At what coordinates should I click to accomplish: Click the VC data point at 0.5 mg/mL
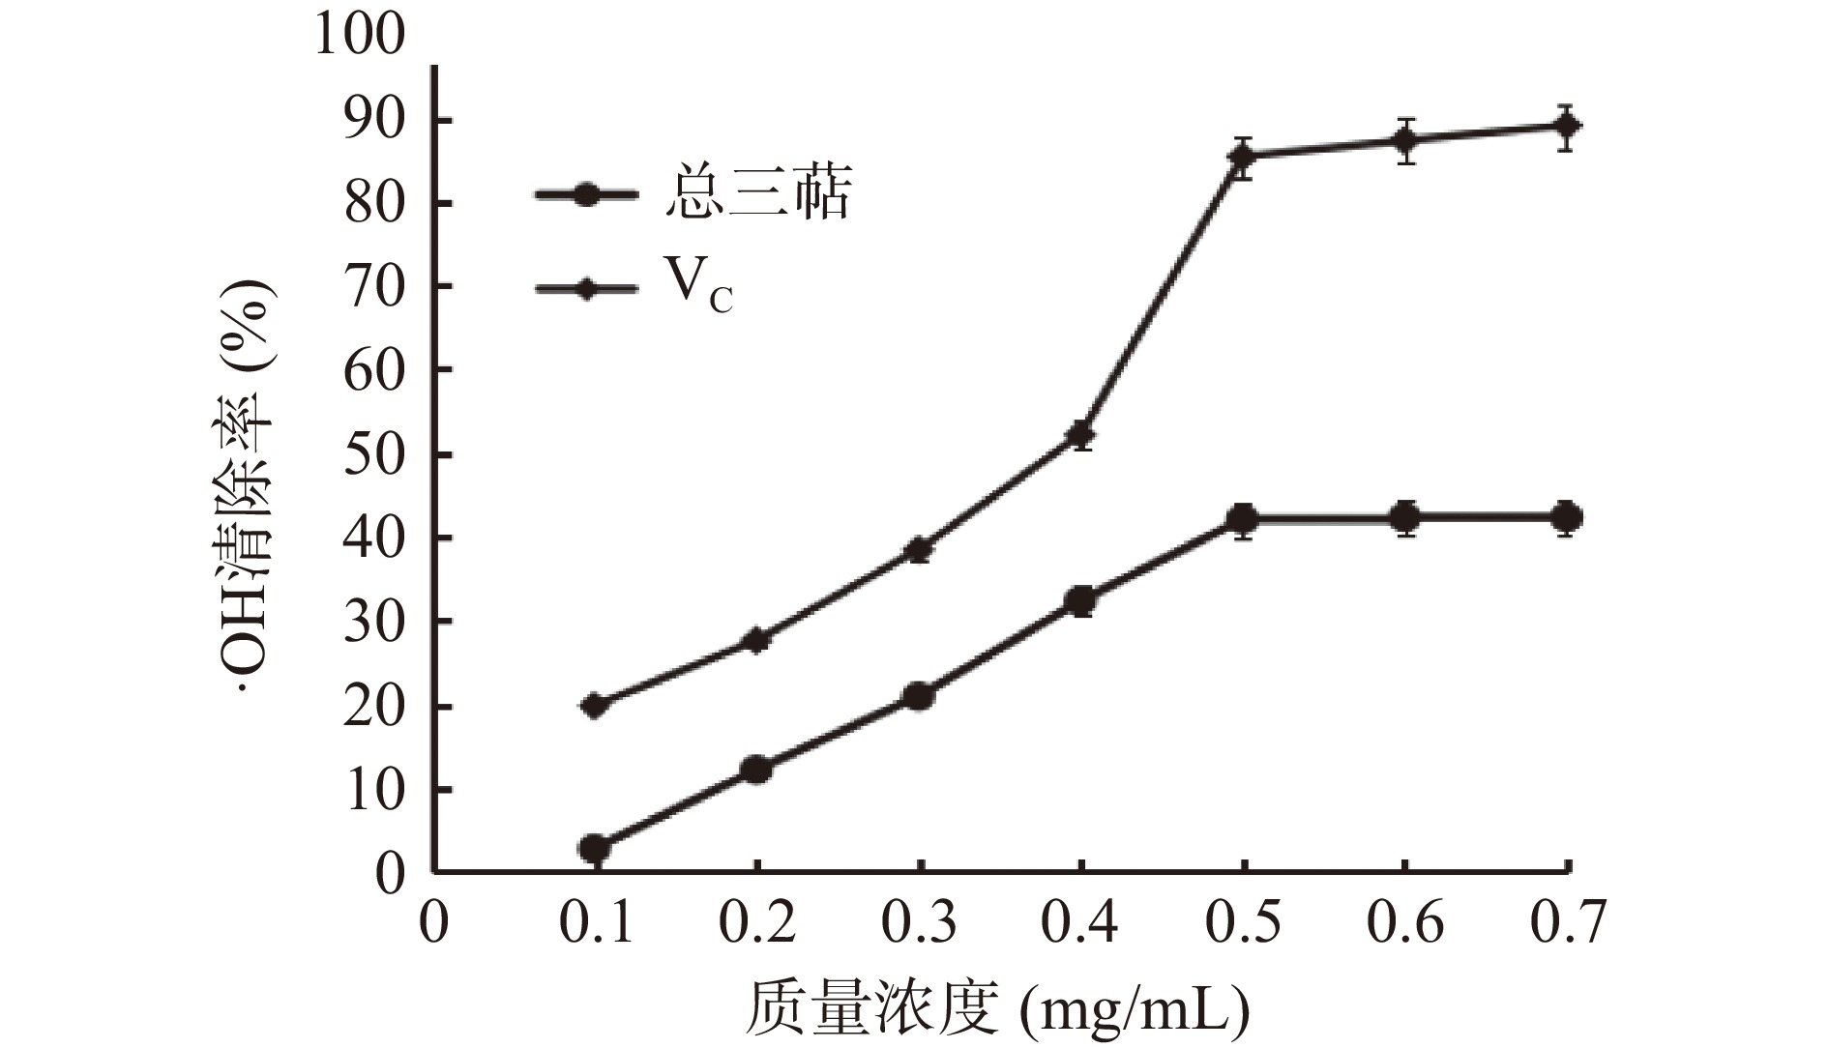[1244, 155]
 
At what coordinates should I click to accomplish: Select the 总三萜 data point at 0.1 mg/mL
[595, 849]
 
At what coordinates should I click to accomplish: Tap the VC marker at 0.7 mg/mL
[1567, 126]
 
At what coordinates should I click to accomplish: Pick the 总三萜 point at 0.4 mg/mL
[1081, 601]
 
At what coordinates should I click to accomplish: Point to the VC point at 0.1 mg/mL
[595, 705]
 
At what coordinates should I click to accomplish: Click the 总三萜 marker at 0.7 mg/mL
[1567, 517]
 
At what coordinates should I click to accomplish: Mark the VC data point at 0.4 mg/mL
[1081, 434]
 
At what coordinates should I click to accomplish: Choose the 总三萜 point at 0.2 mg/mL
[756, 770]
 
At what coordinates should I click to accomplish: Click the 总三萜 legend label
[757, 194]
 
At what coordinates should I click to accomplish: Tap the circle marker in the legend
[586, 194]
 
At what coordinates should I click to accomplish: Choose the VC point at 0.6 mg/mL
[1406, 141]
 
